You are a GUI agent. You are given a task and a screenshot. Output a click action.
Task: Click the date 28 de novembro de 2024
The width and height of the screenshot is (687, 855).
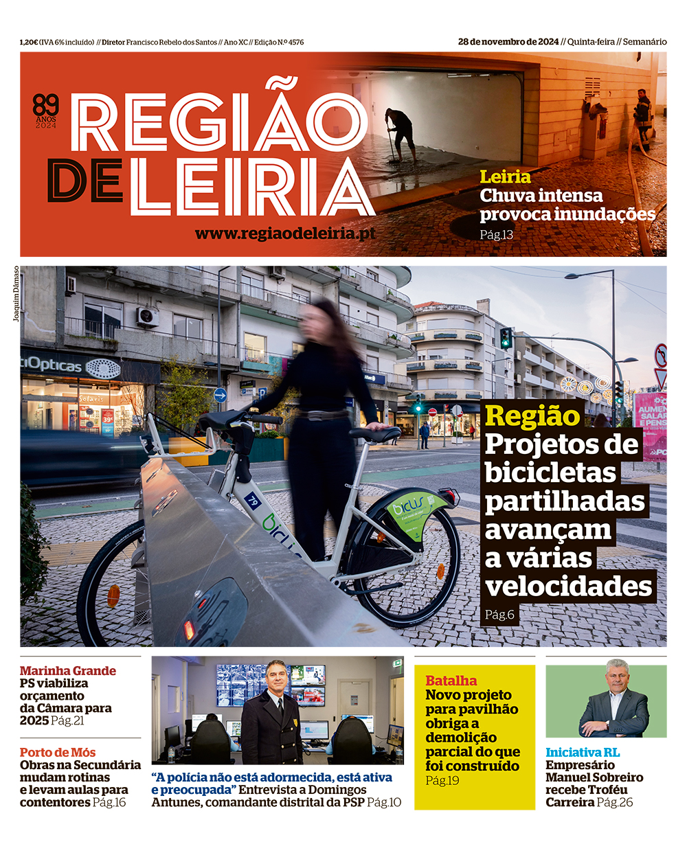point(508,42)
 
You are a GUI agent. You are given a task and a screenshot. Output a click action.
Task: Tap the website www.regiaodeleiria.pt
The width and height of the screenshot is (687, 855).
point(285,233)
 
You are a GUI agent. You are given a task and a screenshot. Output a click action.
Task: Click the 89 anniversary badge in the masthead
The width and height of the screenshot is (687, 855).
point(46,110)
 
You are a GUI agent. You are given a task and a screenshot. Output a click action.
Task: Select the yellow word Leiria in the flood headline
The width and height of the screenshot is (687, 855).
point(505,177)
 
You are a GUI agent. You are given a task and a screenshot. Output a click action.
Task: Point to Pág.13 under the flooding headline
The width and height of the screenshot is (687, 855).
point(496,235)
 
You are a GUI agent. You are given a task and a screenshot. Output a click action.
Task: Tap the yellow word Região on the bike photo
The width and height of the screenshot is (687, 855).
point(532,416)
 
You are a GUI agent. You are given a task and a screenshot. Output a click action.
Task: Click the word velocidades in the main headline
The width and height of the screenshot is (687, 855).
point(568,586)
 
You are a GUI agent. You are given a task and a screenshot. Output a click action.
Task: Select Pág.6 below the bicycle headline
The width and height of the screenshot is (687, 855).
point(499,615)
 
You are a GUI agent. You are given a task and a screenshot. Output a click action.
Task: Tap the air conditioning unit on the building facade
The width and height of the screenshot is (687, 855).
point(148,317)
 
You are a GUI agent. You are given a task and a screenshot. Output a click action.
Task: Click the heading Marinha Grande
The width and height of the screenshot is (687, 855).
point(67,671)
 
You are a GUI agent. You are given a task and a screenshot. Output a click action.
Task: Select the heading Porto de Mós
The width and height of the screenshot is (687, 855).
point(58,753)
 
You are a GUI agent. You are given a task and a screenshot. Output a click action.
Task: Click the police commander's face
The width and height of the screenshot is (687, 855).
point(275,675)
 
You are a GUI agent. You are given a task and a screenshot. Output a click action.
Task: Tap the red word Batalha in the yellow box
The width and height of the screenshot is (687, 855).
point(451,681)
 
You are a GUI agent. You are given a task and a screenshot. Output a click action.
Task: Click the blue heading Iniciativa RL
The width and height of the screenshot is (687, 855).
point(583,753)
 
